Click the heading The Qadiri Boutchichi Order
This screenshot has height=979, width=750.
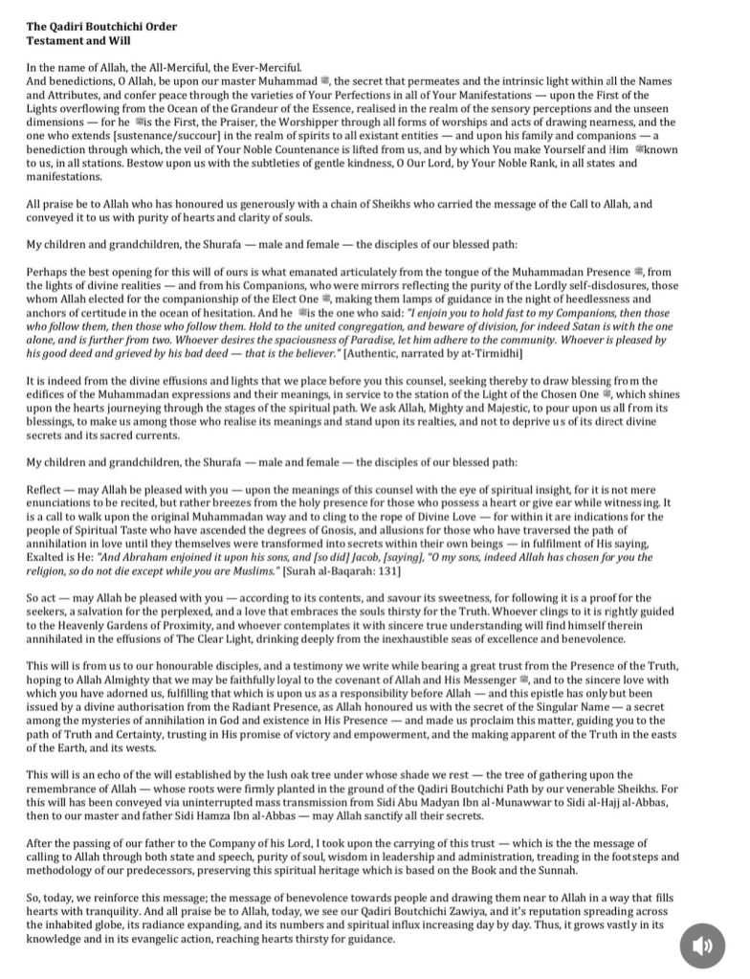coord(101,26)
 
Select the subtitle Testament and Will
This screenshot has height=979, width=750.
coord(78,41)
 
